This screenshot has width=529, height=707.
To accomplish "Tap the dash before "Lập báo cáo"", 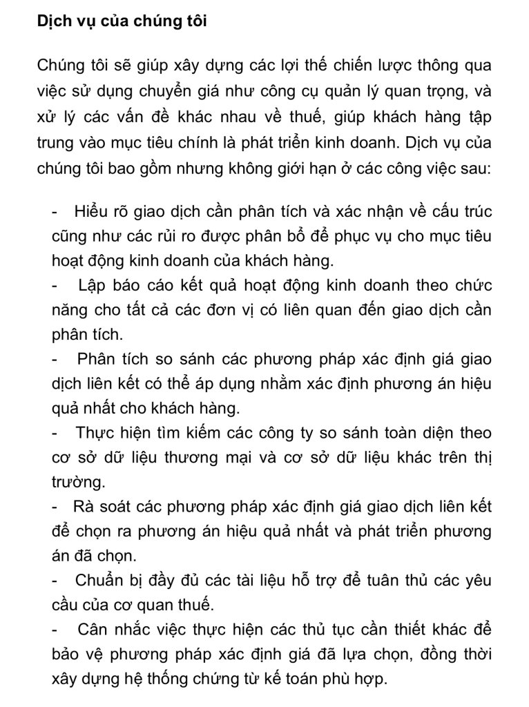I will click(55, 285).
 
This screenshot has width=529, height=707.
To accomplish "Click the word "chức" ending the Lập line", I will click(473, 285).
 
